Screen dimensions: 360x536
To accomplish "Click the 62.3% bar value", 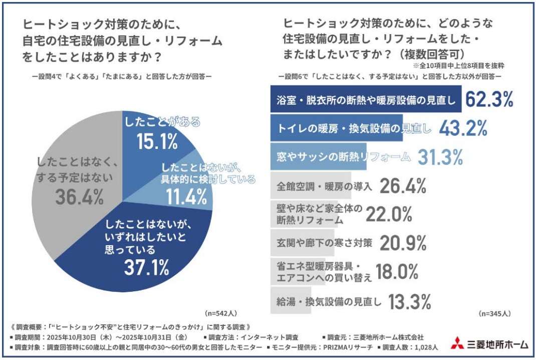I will tap(489, 100).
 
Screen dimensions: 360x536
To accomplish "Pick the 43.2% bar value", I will tap(463, 128).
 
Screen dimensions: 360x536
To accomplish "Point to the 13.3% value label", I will tap(408, 301).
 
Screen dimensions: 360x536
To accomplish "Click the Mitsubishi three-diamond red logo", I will tap(456, 344).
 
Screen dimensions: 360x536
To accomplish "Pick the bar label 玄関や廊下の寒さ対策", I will tap(325, 244).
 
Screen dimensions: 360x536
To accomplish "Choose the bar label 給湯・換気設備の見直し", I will tap(329, 301).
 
